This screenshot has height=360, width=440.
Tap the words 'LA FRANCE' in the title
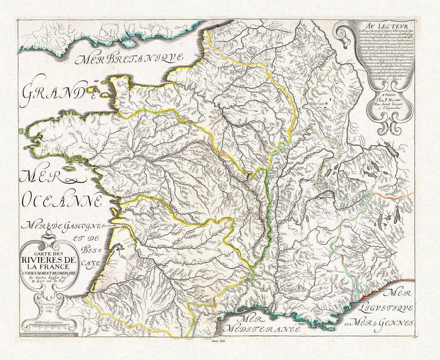coord(49,266)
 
